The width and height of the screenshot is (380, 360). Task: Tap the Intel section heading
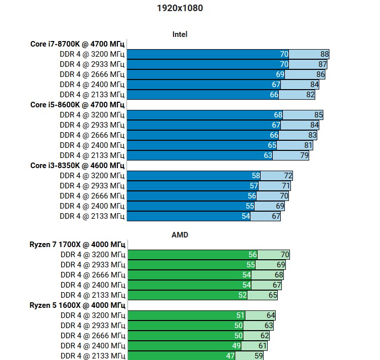click(x=180, y=34)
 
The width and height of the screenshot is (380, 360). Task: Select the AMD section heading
click(x=180, y=235)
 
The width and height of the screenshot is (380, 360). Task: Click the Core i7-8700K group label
click(x=77, y=44)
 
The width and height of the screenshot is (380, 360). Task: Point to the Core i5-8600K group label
click(x=77, y=105)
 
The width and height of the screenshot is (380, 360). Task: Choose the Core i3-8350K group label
click(x=77, y=166)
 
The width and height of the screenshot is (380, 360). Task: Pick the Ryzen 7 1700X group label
click(x=77, y=245)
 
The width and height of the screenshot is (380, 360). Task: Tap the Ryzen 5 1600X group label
click(x=77, y=305)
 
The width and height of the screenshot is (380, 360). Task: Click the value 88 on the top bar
click(x=325, y=54)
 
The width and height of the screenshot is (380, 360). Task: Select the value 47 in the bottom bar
click(x=231, y=356)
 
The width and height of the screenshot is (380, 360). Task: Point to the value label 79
click(x=305, y=155)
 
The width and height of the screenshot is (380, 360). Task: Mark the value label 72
click(x=288, y=176)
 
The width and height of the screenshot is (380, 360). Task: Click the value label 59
click(x=259, y=356)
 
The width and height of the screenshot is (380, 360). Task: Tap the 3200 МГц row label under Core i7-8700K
click(x=92, y=54)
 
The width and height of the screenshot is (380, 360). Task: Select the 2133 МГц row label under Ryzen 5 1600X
click(x=93, y=356)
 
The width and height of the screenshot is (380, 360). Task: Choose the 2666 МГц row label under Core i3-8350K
click(x=92, y=196)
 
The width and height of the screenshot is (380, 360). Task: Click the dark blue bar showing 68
click(x=202, y=115)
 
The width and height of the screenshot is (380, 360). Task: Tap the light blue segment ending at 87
click(x=304, y=64)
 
